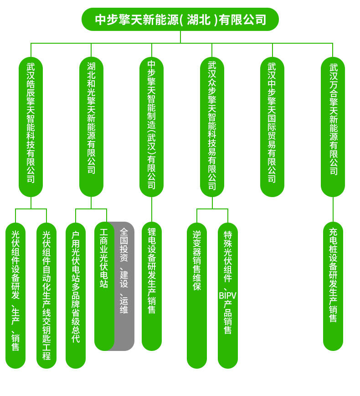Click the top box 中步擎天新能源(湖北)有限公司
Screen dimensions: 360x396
coord(180,20)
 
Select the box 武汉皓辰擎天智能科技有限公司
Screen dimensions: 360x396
coord(31,127)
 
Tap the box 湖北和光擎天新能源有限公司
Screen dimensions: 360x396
coord(91,127)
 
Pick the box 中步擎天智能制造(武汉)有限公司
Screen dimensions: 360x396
coord(151,127)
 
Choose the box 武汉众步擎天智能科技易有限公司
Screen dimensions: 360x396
coord(212,127)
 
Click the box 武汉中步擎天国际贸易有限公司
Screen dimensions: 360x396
coord(272,127)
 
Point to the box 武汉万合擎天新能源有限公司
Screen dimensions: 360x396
coord(333,127)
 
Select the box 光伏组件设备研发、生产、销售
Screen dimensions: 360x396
coord(15,295)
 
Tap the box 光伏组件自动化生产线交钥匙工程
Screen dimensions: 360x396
coord(46,295)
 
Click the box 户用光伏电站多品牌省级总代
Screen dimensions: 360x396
coord(76,295)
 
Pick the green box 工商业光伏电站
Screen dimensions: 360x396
coord(104,286)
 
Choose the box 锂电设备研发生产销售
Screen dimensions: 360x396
coord(152,286)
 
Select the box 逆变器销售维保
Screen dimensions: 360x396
coord(197,295)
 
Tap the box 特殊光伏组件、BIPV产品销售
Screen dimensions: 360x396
coord(228,295)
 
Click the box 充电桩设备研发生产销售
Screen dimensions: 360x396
coord(333,286)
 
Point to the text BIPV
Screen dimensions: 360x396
coord(227,295)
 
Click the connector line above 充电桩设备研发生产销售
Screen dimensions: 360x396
coord(333,210)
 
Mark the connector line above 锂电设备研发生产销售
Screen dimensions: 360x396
coord(152,210)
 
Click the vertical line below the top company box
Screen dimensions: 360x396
coord(180,37)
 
